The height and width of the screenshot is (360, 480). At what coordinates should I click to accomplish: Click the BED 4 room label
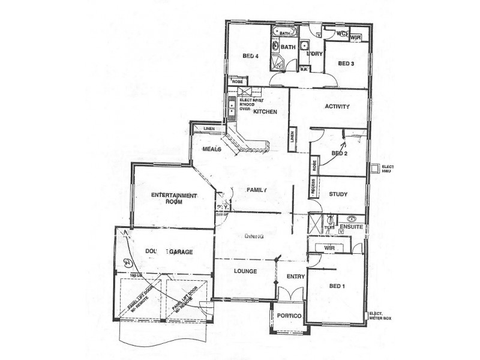[250, 56]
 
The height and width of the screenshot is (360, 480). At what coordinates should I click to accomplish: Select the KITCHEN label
[265, 112]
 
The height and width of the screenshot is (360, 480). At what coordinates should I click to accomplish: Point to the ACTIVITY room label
[337, 107]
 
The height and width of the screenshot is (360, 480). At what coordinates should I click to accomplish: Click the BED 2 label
[340, 153]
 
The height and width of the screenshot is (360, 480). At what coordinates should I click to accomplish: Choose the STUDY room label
[338, 194]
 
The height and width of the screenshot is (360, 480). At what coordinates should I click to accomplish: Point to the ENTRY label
[296, 277]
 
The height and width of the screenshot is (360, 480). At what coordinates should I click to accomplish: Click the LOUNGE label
[245, 271]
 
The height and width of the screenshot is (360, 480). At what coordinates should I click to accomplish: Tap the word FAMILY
[256, 190]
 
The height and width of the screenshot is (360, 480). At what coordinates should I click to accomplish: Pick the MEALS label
[212, 149]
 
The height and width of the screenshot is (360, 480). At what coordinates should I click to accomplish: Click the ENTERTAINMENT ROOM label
[174, 199]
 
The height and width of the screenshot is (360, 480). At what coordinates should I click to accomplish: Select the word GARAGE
[180, 252]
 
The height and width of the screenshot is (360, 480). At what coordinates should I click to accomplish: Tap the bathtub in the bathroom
[284, 32]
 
